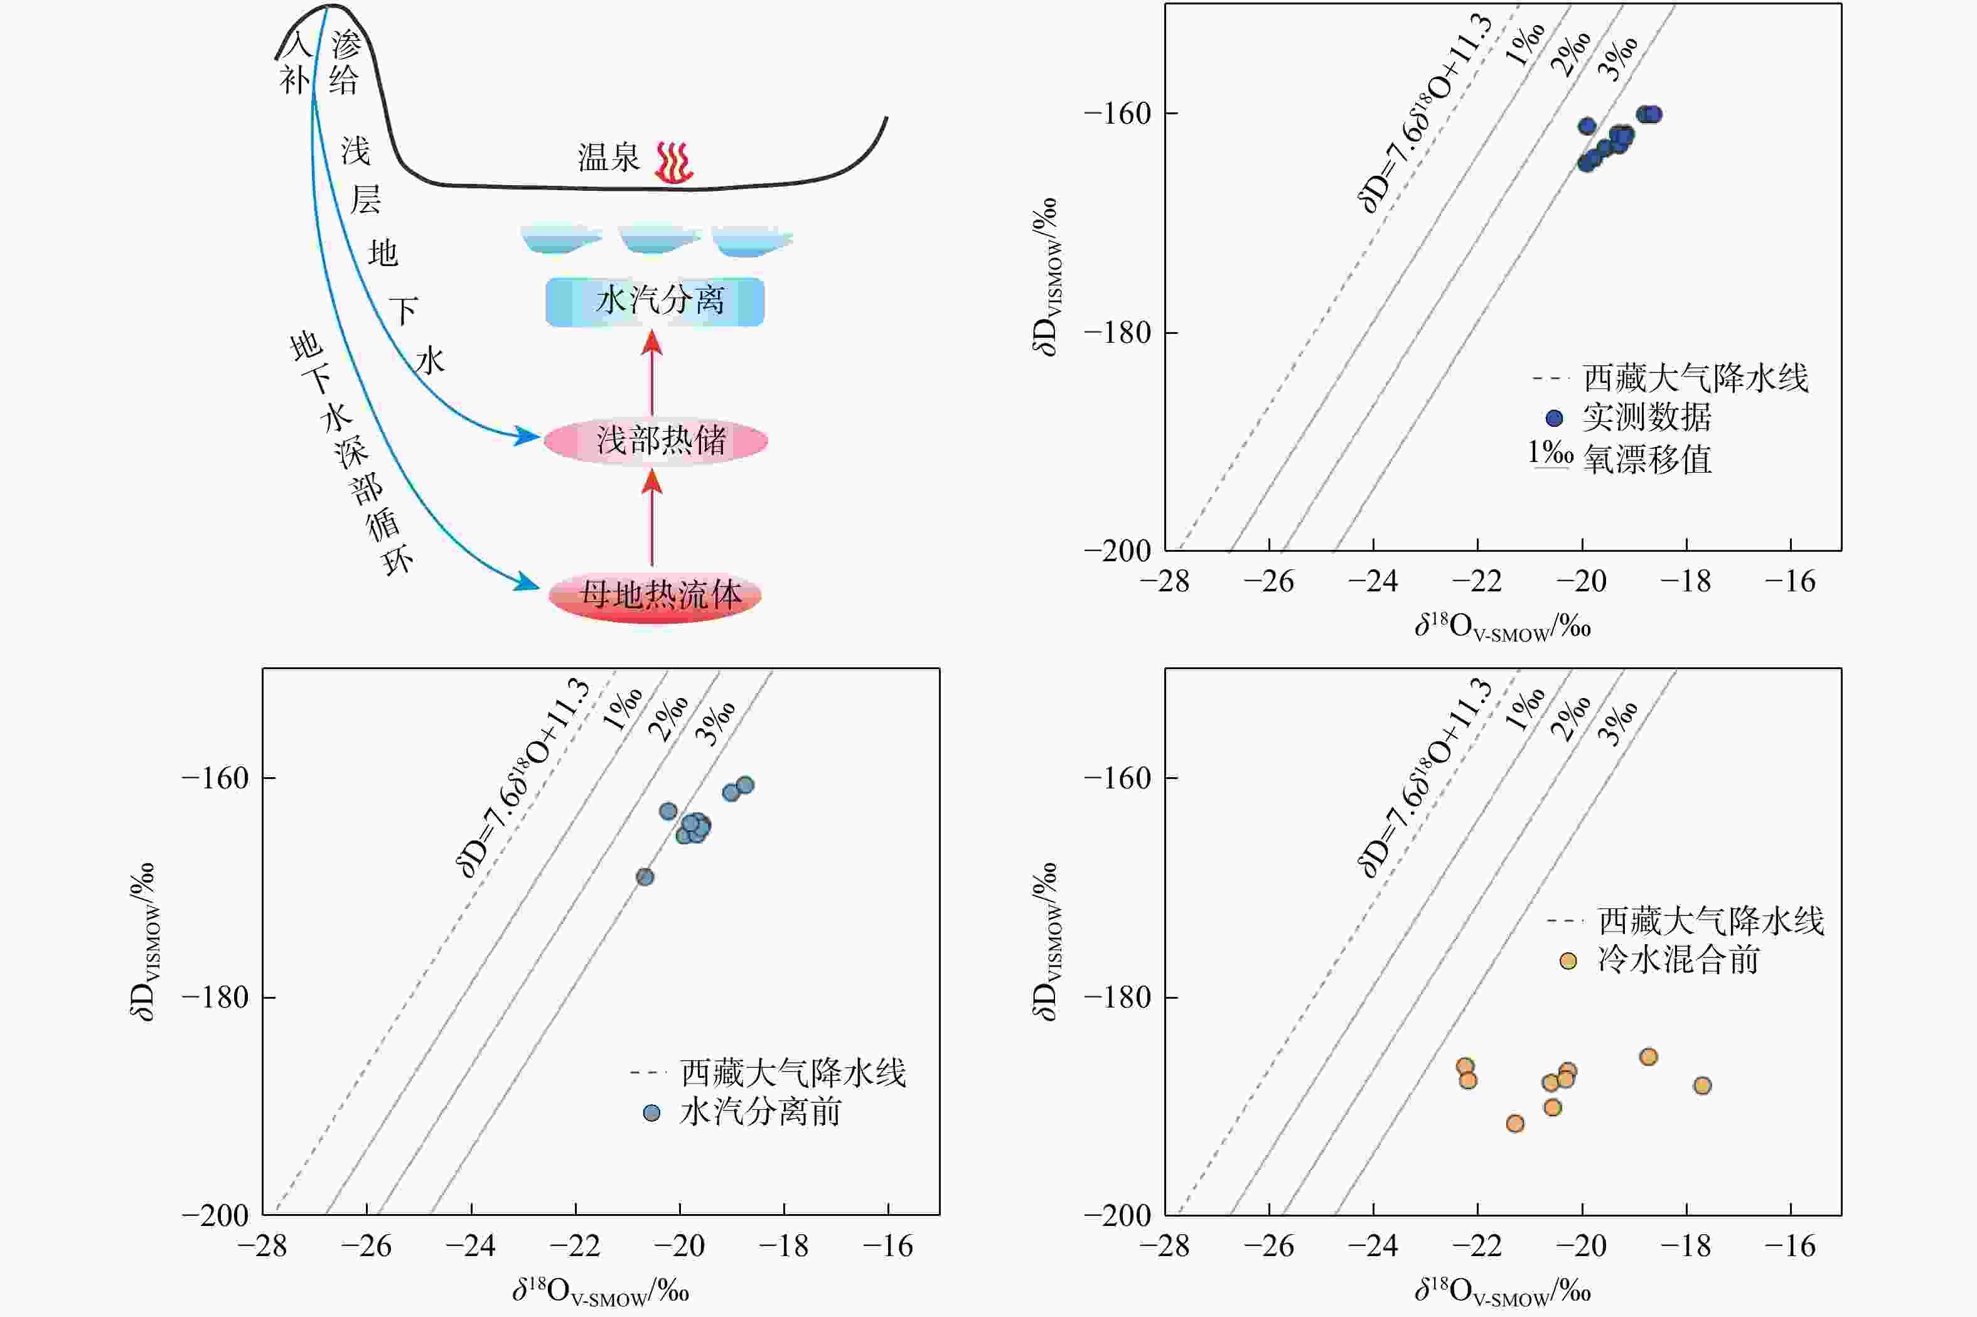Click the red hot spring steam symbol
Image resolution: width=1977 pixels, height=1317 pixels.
[x=673, y=162]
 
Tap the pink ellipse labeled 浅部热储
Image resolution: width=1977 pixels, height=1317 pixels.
[x=655, y=441]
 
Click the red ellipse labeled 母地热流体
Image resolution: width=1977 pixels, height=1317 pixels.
[x=655, y=596]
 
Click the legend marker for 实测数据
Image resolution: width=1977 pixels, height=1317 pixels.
[x=1554, y=417]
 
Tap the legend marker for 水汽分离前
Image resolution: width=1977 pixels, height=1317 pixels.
[x=651, y=1113]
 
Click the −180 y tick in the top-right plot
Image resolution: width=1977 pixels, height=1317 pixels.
[x=1117, y=333]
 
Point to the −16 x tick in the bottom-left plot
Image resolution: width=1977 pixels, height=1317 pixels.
[x=889, y=1245]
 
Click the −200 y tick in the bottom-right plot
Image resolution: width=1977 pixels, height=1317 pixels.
[x=1117, y=1215]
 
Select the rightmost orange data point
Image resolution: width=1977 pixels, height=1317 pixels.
[x=1702, y=1086]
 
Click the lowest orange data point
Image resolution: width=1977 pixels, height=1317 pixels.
[x=1515, y=1124]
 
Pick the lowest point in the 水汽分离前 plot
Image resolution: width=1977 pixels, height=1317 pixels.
[x=645, y=877]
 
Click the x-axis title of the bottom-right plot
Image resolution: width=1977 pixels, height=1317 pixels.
[x=1503, y=1290]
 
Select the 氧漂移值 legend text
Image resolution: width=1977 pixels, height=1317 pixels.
[x=1647, y=460]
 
